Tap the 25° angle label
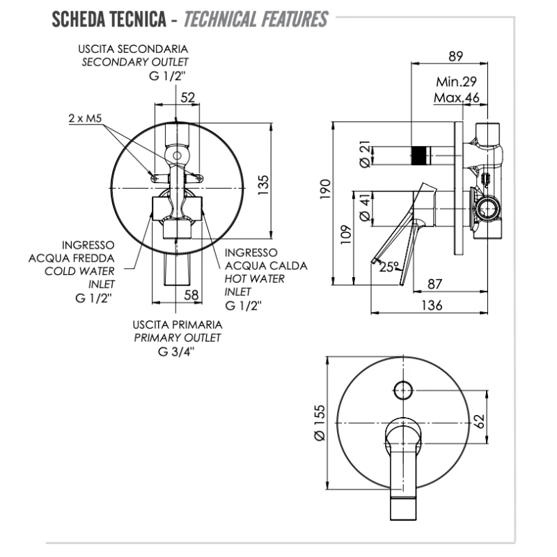pyautogui.click(x=390, y=266)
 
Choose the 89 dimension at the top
pyautogui.click(x=455, y=56)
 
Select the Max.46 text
pyautogui.click(x=457, y=97)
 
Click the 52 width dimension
pyautogui.click(x=188, y=97)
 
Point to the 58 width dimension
pyautogui.click(x=191, y=295)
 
